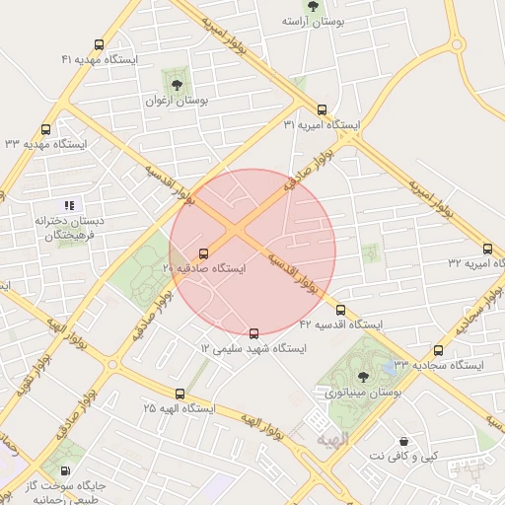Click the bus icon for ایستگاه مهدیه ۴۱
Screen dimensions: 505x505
pyautogui.click(x=98, y=44)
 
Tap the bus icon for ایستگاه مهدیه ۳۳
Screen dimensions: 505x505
pyautogui.click(x=46, y=129)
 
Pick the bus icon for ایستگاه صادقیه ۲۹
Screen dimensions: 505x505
pyautogui.click(x=204, y=252)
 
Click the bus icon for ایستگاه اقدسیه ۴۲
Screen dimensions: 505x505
pyautogui.click(x=341, y=310)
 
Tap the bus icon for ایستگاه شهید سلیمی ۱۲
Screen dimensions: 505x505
pyautogui.click(x=254, y=333)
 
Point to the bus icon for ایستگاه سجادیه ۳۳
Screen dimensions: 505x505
pyautogui.click(x=438, y=349)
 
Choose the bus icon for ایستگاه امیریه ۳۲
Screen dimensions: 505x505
pyautogui.click(x=487, y=249)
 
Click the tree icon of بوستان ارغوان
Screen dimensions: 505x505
pyautogui.click(x=178, y=84)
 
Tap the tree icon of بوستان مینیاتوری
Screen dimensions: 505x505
pyautogui.click(x=363, y=376)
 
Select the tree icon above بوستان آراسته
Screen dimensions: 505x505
pyautogui.click(x=313, y=6)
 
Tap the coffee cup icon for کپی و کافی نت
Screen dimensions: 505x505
pyautogui.click(x=402, y=440)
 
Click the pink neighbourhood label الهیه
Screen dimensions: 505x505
pyautogui.click(x=332, y=435)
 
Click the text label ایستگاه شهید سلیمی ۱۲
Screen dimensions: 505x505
pyautogui.click(x=253, y=349)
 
